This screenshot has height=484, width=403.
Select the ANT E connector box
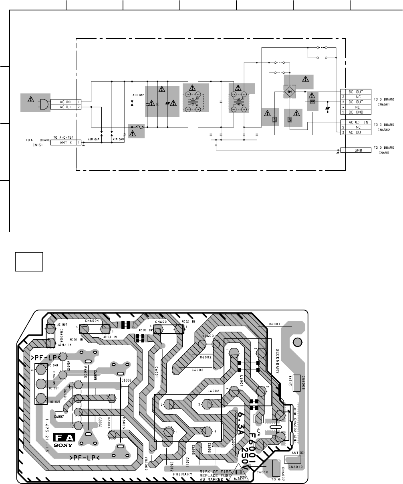(66, 142)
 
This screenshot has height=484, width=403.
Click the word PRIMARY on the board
(183, 473)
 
